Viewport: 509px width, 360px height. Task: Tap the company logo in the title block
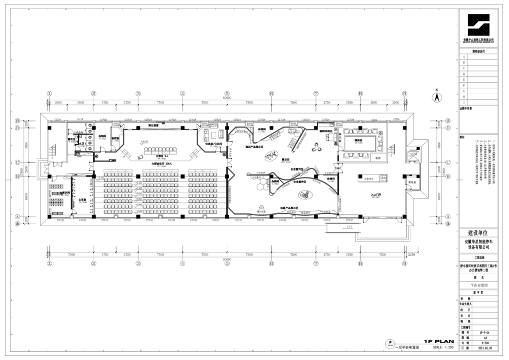coord(479,24)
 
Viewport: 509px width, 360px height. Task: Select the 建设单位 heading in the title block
coord(478,233)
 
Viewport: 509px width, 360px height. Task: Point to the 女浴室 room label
coord(83,200)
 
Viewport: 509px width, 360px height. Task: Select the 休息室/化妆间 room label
coord(214,144)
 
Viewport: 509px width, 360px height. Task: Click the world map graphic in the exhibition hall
coord(270,156)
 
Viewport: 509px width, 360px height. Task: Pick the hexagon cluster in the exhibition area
coord(259,187)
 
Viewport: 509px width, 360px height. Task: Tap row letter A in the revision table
coord(464,57)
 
